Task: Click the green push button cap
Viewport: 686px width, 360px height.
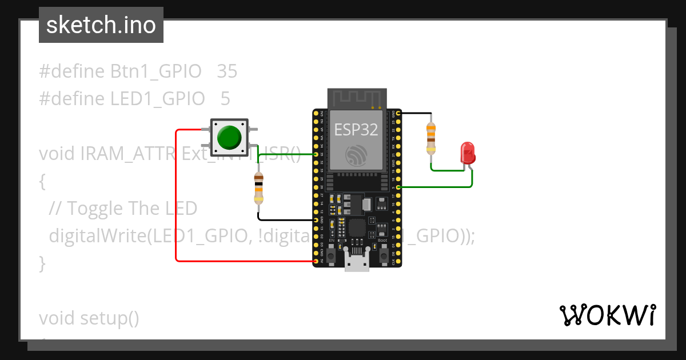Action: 229,137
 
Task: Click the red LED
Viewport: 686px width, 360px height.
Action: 468,153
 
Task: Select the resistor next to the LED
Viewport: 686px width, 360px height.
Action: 430,138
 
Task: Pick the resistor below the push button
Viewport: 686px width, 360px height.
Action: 258,188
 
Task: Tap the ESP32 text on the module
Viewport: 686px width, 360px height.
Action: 356,130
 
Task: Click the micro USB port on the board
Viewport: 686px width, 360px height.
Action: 357,264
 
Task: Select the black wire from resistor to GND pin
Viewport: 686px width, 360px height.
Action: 286,219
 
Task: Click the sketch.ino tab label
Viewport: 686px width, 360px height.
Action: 101,25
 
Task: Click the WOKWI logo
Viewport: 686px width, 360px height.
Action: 607,315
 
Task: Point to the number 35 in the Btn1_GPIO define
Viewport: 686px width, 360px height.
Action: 227,71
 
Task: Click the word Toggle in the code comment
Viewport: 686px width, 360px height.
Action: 95,209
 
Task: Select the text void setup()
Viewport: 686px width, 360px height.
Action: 89,318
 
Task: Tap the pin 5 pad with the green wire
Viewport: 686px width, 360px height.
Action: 398,187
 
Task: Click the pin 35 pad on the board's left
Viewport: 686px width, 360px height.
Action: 316,154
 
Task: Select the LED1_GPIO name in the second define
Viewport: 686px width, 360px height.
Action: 158,99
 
